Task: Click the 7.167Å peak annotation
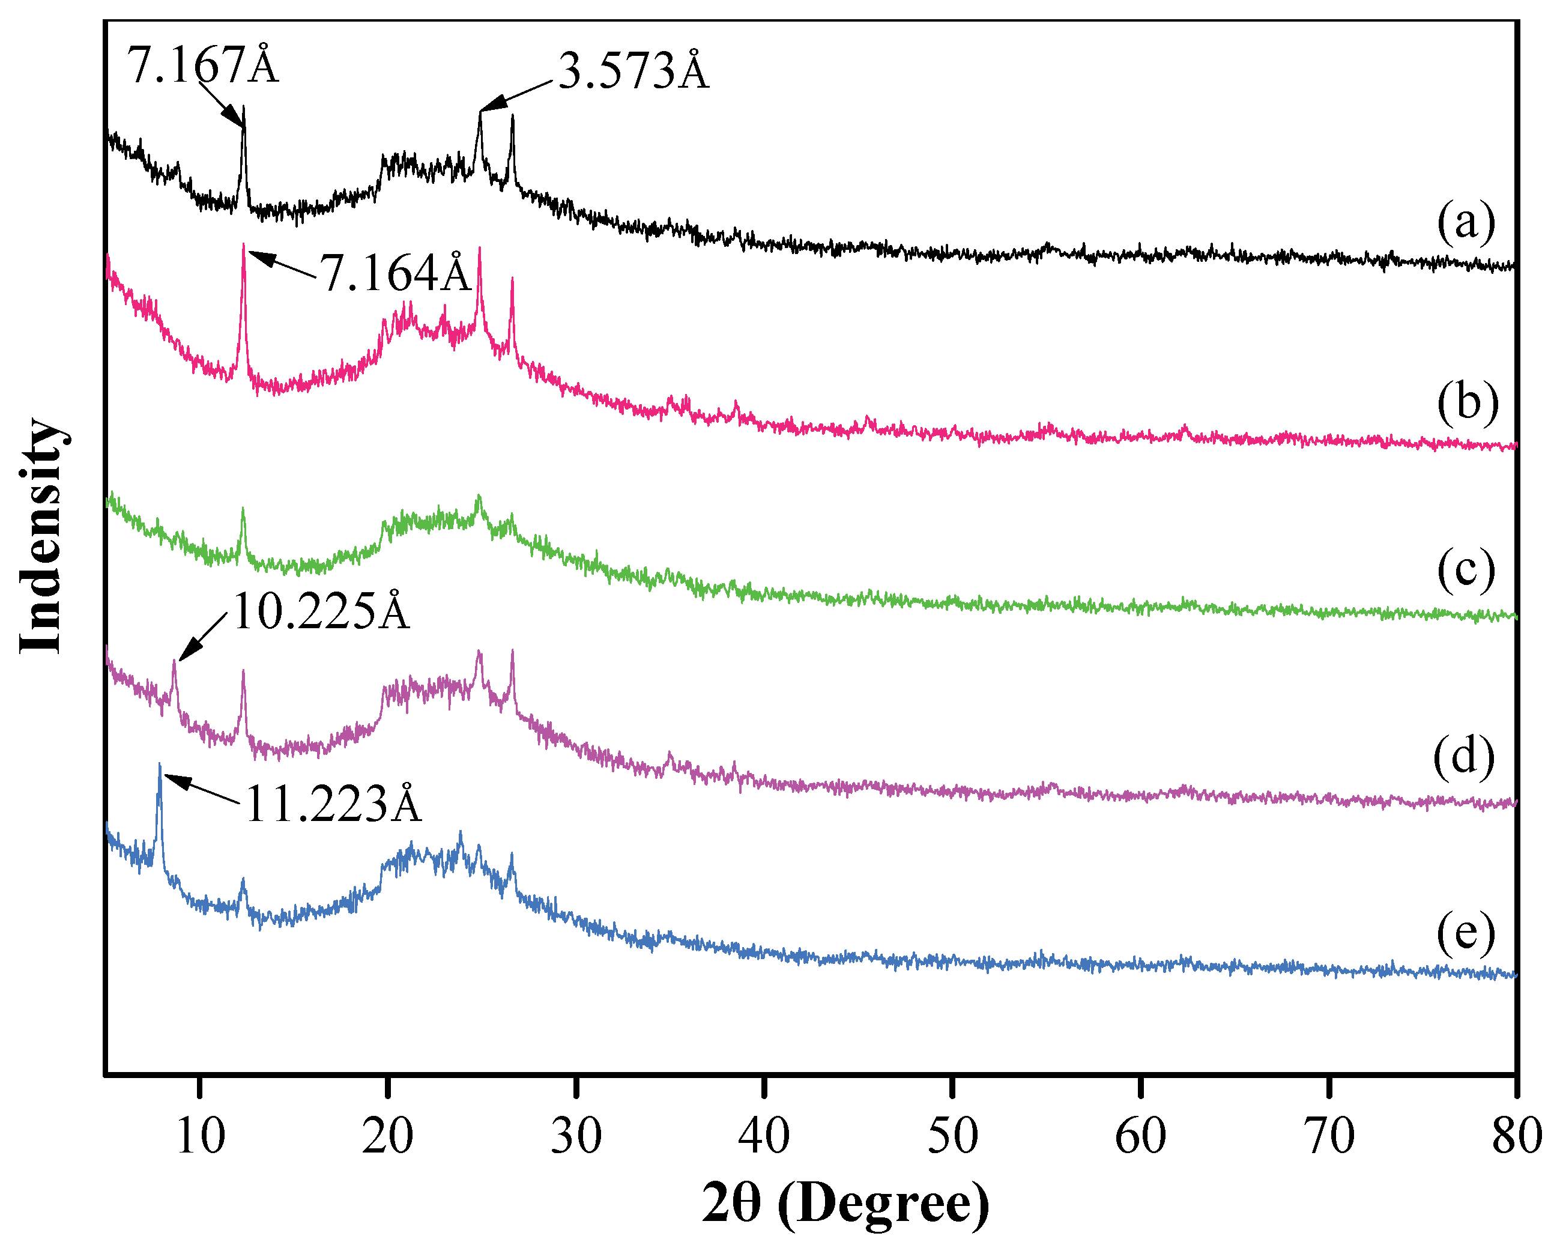[x=202, y=65]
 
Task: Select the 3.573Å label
[x=633, y=72]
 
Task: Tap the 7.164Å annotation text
[x=395, y=274]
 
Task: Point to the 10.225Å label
[x=321, y=612]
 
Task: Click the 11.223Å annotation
[x=333, y=804]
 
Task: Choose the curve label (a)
[x=1465, y=222]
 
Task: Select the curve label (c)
[x=1465, y=570]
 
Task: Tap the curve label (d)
[x=1463, y=757]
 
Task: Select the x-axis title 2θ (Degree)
[x=845, y=1202]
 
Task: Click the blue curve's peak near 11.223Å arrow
[x=159, y=766]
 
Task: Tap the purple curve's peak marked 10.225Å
[x=174, y=662]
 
